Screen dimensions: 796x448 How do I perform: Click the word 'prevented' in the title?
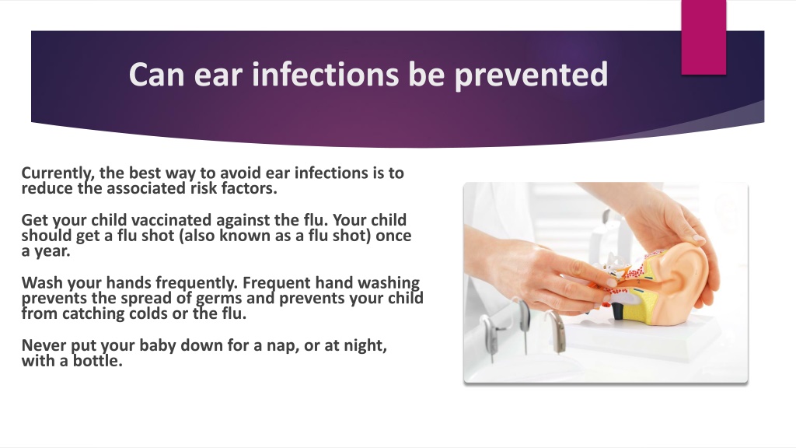coord(530,75)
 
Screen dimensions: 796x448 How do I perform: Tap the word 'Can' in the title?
coord(156,74)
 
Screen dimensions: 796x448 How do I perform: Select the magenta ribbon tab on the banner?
coord(703,37)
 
